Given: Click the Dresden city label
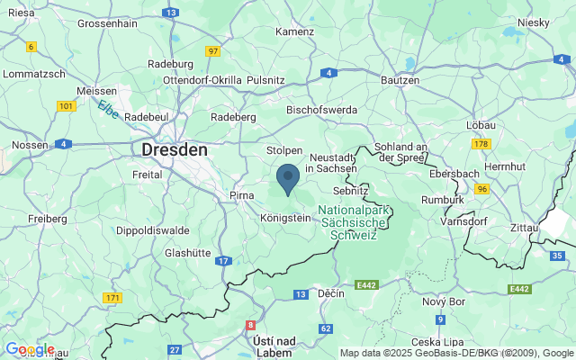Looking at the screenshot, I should point(175,149).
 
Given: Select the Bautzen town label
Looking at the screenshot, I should point(400,80).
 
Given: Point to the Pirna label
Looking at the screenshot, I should point(243,195).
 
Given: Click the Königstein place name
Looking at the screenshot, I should point(284,219).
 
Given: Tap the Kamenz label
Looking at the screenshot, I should point(295,31).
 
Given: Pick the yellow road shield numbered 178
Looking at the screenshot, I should point(481,143).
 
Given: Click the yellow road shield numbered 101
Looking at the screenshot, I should point(66,106).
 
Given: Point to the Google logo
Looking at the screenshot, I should point(29,349).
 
